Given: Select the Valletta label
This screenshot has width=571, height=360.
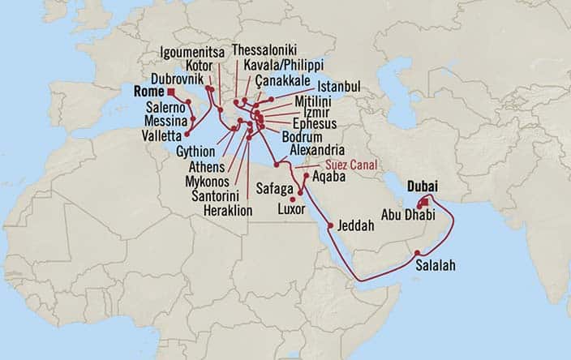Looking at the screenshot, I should point(162,135).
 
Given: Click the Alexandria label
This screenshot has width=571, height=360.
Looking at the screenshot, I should point(321,150).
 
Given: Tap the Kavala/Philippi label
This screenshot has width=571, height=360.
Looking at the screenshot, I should point(277,64).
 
